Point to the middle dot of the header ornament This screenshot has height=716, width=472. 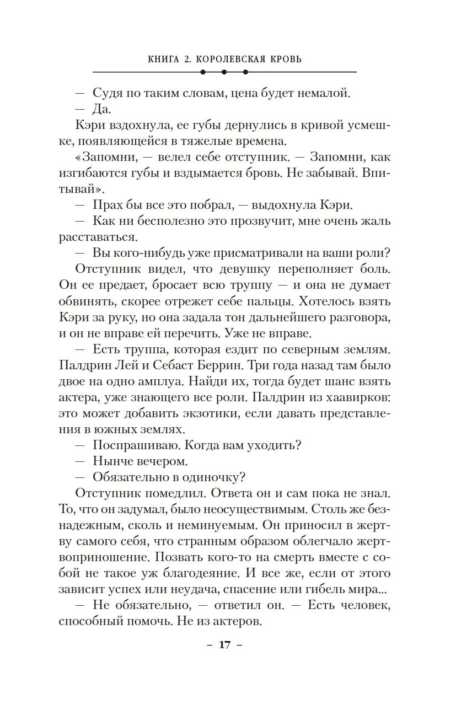[x=224, y=72]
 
